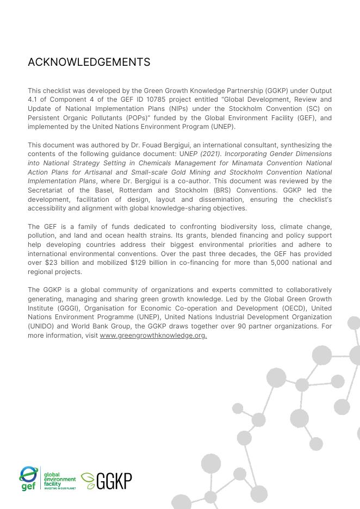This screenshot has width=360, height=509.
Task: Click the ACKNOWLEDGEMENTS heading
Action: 89,63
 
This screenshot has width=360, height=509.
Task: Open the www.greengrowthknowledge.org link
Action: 153,336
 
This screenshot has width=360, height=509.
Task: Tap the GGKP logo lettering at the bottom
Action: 114,481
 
